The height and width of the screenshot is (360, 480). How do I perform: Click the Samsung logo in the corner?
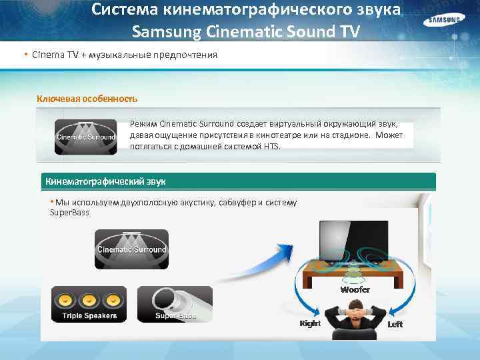click(443, 21)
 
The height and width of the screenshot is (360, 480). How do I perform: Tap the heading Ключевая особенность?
click(87, 99)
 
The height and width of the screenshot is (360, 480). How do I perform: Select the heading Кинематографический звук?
click(105, 181)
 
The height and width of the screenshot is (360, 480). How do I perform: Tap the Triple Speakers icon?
click(90, 304)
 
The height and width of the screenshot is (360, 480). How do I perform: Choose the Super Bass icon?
click(174, 304)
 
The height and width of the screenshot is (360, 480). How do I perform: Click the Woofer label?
click(355, 290)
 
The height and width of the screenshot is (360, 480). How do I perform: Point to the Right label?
click(310, 323)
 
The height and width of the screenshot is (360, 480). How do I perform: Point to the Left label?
click(395, 324)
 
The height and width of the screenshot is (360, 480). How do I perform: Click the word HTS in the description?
click(270, 146)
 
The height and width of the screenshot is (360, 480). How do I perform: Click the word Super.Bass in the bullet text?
click(69, 213)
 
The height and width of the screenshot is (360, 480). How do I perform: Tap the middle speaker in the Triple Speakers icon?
click(90, 299)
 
